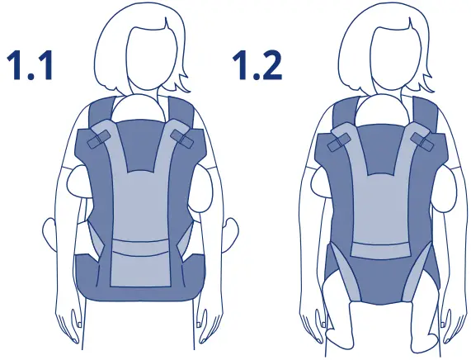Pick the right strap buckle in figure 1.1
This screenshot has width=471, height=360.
click(183, 137)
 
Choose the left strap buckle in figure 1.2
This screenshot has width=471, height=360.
click(337, 143)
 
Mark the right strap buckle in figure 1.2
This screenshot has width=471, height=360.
click(424, 142)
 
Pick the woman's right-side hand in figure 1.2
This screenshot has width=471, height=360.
click(454, 326)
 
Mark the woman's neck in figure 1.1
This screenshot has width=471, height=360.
click(139, 83)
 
